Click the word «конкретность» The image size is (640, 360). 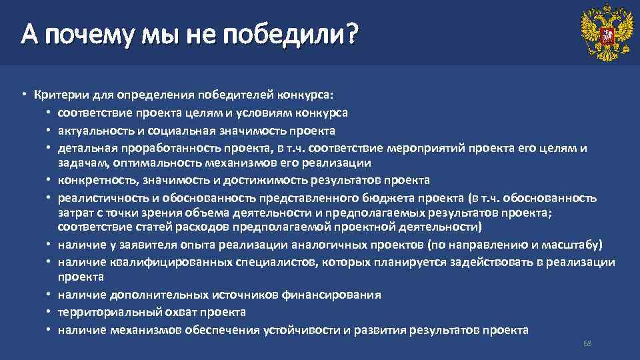point(92,180)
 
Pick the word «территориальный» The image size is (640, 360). point(103,312)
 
